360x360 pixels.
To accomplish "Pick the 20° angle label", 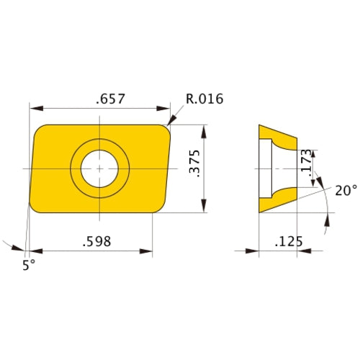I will pos(346,190).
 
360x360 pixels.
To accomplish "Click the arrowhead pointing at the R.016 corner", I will pos(171,122).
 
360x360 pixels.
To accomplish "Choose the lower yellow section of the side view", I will pos(277,199).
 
